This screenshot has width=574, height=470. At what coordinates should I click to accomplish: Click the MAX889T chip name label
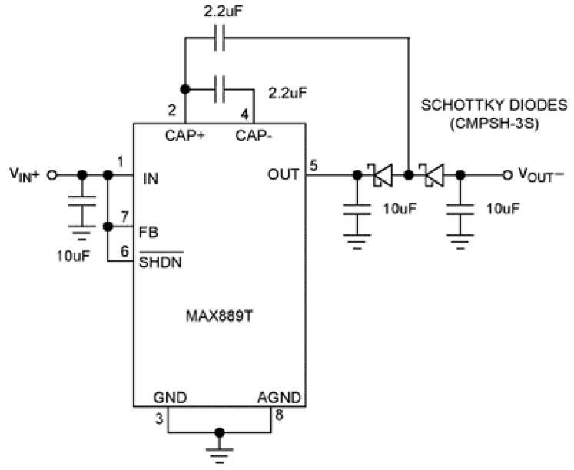219,316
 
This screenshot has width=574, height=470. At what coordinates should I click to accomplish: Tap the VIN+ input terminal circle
52,175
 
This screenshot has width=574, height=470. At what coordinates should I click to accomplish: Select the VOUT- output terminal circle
506,175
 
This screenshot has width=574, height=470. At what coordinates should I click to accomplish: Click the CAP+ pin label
185,136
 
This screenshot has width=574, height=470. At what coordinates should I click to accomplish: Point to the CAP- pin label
254,136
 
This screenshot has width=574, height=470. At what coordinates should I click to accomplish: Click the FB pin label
148,232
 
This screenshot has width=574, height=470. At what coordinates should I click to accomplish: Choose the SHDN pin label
161,261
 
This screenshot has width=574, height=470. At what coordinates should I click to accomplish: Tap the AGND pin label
279,397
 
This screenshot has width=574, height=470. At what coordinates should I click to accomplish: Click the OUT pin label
283,174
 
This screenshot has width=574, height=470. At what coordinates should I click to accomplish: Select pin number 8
279,415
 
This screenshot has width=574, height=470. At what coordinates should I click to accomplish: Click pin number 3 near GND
159,419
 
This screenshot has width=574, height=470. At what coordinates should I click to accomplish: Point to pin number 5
314,165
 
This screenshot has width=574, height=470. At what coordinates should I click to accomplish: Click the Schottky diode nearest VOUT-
433,175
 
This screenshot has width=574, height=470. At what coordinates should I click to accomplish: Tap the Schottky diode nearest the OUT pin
382,175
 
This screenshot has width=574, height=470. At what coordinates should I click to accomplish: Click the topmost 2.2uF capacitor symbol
219,38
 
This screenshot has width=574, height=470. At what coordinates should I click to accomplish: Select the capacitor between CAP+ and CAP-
219,89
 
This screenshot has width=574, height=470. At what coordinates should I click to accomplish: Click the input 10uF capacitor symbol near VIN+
82,206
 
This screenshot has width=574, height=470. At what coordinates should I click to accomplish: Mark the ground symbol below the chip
219,454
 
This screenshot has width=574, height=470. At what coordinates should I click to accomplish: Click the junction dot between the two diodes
409,175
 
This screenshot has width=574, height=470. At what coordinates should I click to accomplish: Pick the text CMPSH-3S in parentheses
494,124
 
